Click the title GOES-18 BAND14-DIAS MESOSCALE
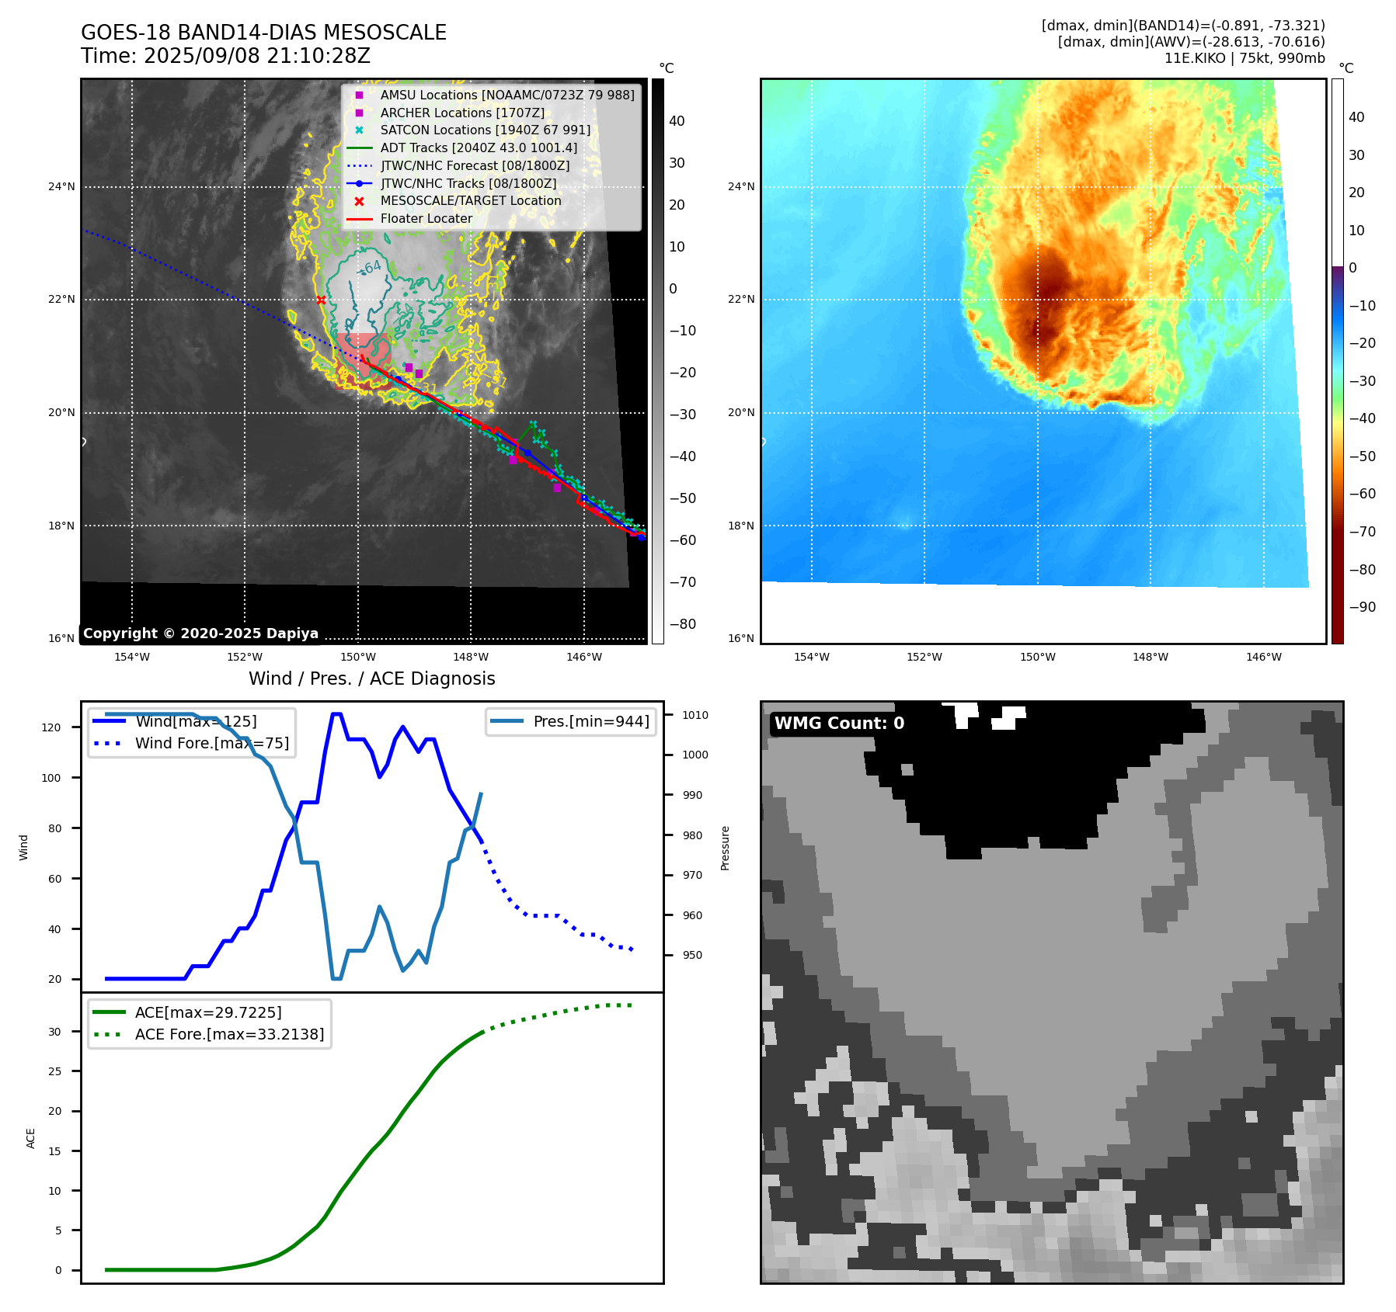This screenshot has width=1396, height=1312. point(263,33)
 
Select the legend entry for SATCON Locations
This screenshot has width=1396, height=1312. point(485,130)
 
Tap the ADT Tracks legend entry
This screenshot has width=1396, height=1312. point(479,148)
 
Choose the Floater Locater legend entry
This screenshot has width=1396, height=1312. point(426,219)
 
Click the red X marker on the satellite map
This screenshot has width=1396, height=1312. point(321,300)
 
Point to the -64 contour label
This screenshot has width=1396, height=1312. point(370,268)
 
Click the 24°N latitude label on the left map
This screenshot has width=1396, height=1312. point(62,187)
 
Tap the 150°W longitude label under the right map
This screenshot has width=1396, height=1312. point(1037,657)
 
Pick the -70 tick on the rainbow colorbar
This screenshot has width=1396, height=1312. point(1362,532)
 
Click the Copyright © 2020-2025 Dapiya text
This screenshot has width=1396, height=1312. point(200,633)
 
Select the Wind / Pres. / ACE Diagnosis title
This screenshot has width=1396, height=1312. point(371,679)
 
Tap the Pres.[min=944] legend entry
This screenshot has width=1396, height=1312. point(590,721)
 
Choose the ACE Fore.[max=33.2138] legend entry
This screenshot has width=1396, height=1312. point(229,1034)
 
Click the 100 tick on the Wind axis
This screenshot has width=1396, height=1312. point(51,778)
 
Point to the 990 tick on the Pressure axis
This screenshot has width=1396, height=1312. point(692,795)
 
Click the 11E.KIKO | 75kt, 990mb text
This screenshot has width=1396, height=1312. point(1245,58)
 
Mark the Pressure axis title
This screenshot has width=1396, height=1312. point(725,848)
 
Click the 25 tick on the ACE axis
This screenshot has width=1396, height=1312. point(54,1071)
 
